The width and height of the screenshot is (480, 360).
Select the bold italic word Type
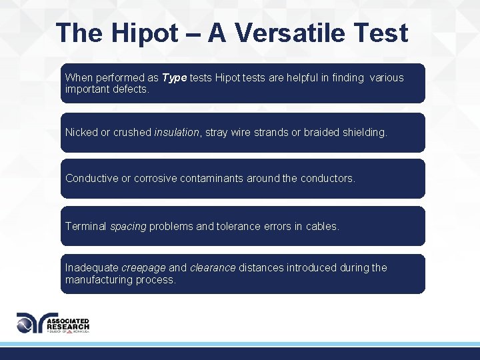point(175,78)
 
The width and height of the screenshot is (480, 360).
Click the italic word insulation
point(177,133)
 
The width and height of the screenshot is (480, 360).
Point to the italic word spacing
point(128,227)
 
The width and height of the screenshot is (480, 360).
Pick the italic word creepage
point(143,268)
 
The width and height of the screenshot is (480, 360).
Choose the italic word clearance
point(213,268)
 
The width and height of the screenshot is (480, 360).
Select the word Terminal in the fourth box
point(85,227)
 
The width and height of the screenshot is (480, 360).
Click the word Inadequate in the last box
point(92,268)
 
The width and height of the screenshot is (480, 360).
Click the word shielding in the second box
point(363,133)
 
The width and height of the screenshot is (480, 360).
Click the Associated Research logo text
point(68,324)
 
